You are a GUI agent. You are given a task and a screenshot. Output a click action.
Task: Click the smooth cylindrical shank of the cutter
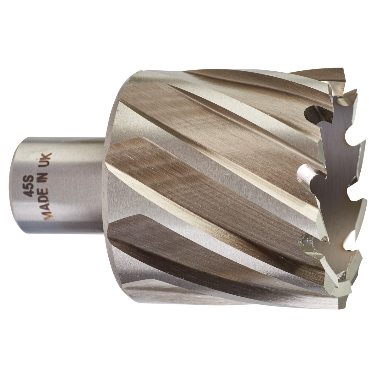[x=59, y=185]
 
